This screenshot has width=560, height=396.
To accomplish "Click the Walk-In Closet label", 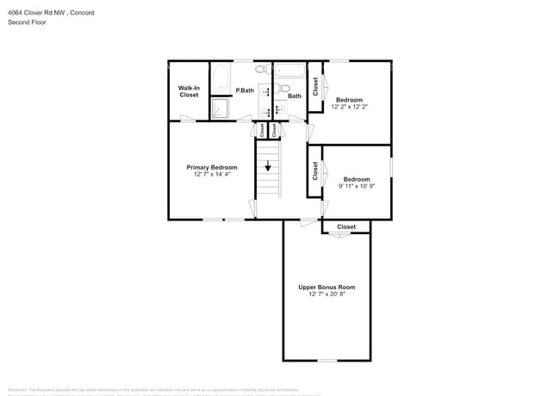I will tap(189, 91).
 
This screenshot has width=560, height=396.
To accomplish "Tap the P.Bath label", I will tap(246, 90).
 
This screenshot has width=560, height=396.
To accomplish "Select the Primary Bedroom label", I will tap(211, 167).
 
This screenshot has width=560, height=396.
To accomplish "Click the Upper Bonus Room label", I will tap(327, 287).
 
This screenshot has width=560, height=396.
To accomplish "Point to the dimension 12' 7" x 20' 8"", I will tap(327, 294).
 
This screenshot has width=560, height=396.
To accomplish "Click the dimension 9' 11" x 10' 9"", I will tap(356, 186).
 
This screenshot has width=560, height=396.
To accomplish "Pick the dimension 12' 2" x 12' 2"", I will tap(350, 107).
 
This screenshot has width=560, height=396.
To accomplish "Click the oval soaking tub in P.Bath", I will tap(220, 77).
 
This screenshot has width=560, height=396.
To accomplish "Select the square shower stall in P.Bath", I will tap(221, 108).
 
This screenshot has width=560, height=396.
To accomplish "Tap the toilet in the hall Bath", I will tap(284, 87).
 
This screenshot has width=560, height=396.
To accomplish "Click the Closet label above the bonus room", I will tap(345, 227).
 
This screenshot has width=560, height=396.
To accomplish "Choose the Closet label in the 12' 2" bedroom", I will tap(316, 86).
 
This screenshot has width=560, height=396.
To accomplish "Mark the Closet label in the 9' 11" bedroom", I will tap(315, 170).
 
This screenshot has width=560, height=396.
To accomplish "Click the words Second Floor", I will tap(27, 22).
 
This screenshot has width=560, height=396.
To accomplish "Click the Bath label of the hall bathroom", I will tap(295, 96).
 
